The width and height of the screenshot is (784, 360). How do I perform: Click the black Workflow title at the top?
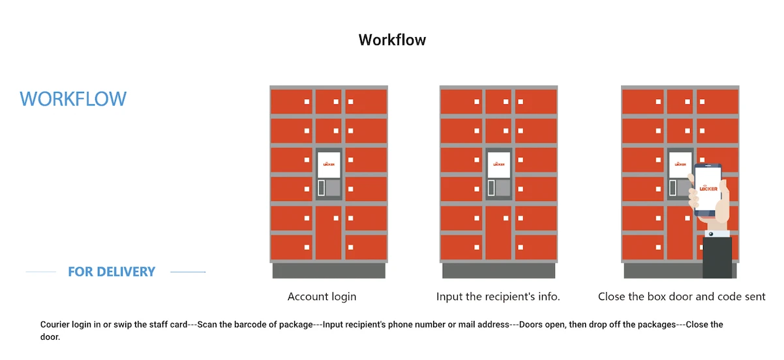point(392,40)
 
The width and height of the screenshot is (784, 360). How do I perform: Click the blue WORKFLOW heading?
point(73,99)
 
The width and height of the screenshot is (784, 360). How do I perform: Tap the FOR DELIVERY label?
point(112,272)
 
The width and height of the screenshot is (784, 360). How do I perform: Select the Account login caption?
point(322,297)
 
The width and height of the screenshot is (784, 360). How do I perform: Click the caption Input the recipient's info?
point(498,297)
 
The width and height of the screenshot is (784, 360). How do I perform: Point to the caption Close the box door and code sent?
point(682,297)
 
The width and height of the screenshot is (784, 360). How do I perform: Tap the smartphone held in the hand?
point(708,190)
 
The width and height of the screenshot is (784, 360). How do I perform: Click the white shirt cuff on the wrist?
point(717,233)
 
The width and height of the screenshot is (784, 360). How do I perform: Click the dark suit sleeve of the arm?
point(717,258)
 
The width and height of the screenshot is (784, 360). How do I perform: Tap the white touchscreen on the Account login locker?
point(329,164)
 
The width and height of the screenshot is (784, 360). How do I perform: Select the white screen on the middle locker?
point(499,164)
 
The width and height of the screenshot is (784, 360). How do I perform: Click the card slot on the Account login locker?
point(322,188)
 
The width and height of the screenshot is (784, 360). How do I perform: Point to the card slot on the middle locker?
point(491,188)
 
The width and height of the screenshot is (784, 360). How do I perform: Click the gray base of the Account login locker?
point(329,271)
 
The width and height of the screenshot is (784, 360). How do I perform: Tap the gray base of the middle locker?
point(499,271)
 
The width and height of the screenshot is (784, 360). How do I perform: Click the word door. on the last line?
point(50,337)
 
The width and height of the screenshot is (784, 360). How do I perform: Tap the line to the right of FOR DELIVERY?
point(188,272)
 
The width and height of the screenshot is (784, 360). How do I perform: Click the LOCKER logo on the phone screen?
point(708,188)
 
